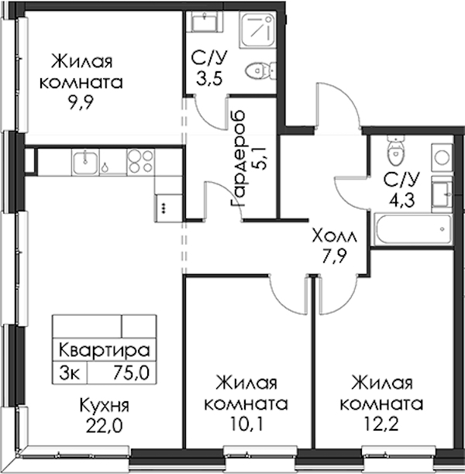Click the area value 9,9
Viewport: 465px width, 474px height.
click(x=81, y=103)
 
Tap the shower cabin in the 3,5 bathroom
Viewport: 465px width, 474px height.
click(x=257, y=30)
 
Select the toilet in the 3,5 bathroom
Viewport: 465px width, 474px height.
click(x=260, y=71)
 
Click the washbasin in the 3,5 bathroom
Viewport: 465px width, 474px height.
click(x=205, y=21)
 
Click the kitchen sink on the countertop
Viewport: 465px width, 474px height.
click(x=85, y=163)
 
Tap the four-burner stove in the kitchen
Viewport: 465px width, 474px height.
click(x=140, y=162)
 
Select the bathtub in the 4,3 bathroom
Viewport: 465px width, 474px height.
click(x=414, y=229)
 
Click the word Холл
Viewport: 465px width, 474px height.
click(x=334, y=236)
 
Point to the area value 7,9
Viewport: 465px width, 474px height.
click(x=334, y=256)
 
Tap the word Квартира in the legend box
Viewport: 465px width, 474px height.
click(x=105, y=350)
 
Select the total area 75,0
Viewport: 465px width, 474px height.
click(x=131, y=373)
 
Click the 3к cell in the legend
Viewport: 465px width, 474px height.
click(x=70, y=373)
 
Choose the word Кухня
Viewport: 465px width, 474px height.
click(x=105, y=405)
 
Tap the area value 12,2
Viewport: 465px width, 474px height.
click(x=382, y=424)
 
